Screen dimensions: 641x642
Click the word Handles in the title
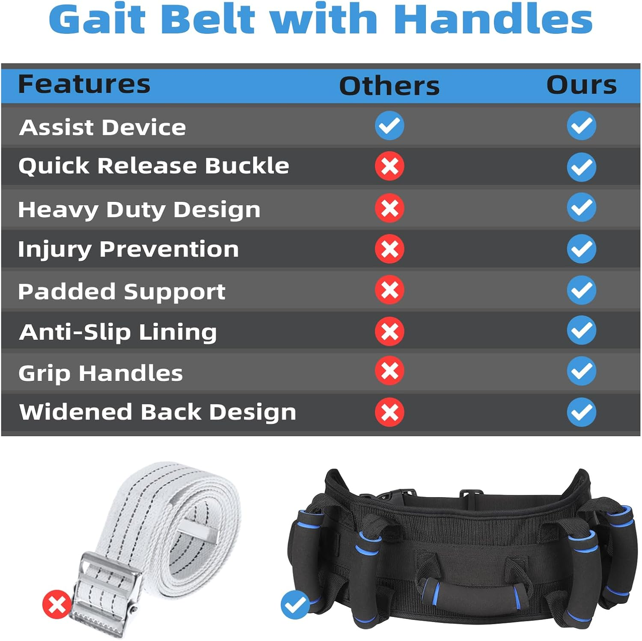click(x=493, y=20)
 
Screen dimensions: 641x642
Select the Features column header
click(x=84, y=84)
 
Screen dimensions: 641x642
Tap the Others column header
click(x=389, y=86)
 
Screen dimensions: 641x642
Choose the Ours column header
click(x=581, y=85)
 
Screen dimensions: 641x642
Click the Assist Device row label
click(x=103, y=127)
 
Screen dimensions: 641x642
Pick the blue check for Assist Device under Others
click(x=389, y=126)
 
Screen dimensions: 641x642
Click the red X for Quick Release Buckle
click(x=389, y=166)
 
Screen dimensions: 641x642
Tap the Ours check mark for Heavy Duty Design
click(x=581, y=207)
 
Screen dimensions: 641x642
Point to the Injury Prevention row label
click(x=128, y=249)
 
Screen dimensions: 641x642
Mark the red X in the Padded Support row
click(x=389, y=290)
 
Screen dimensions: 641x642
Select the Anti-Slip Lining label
click(x=118, y=332)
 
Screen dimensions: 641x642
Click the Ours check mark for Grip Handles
click(x=581, y=371)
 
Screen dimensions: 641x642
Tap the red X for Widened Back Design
click(x=389, y=412)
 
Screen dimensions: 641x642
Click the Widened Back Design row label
click(x=158, y=412)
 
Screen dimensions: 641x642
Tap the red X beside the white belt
click(x=57, y=605)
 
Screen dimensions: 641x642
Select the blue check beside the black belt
click(x=295, y=605)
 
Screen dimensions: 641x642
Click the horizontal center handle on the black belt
click(x=474, y=593)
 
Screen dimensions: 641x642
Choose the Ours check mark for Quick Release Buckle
click(x=581, y=167)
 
